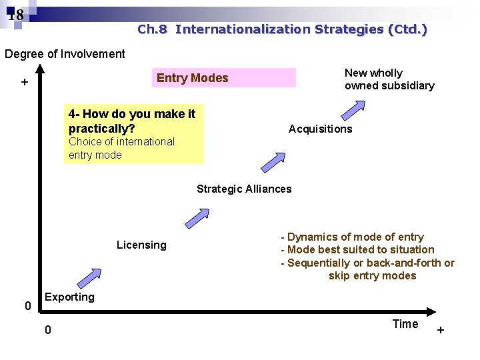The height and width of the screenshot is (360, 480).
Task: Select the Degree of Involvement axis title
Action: coord(65,54)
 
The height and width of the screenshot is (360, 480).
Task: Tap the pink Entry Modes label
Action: coord(193,78)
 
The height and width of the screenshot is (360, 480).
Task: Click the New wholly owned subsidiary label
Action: coord(389,79)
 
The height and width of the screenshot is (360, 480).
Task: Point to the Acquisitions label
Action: coord(320,129)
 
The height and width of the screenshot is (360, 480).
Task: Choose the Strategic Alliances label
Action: coord(244,189)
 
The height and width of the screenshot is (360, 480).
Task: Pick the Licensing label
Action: coord(141,245)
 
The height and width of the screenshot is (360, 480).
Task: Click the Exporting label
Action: coord(69,297)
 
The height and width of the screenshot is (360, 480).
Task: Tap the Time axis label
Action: coord(405,324)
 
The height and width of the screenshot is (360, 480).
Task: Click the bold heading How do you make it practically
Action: coord(131,121)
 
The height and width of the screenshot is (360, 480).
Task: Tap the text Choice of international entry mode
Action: coord(121,148)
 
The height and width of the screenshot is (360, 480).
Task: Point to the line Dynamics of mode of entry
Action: coord(353,237)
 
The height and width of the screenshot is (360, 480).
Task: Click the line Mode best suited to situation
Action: coord(358,249)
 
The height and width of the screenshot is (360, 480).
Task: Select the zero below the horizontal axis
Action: coord(47,331)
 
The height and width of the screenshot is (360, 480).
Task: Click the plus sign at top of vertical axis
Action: coord(24,83)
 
